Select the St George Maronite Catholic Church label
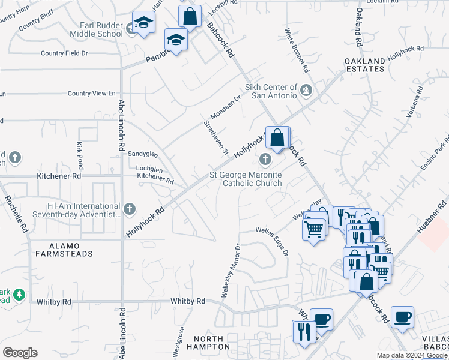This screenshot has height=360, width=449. pyautogui.click(x=246, y=179)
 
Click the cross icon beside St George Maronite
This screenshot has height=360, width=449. pyautogui.click(x=265, y=160)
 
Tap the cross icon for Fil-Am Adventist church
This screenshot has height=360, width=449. pyautogui.click(x=130, y=209)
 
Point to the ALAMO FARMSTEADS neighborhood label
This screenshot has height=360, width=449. pyautogui.click(x=63, y=249)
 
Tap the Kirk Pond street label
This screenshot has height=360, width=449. pyautogui.click(x=79, y=155)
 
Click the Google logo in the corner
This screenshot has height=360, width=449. pyautogui.click(x=20, y=353)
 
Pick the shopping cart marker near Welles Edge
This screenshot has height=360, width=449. pyautogui.click(x=314, y=229)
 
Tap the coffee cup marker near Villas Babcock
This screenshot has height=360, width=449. pyautogui.click(x=402, y=317)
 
